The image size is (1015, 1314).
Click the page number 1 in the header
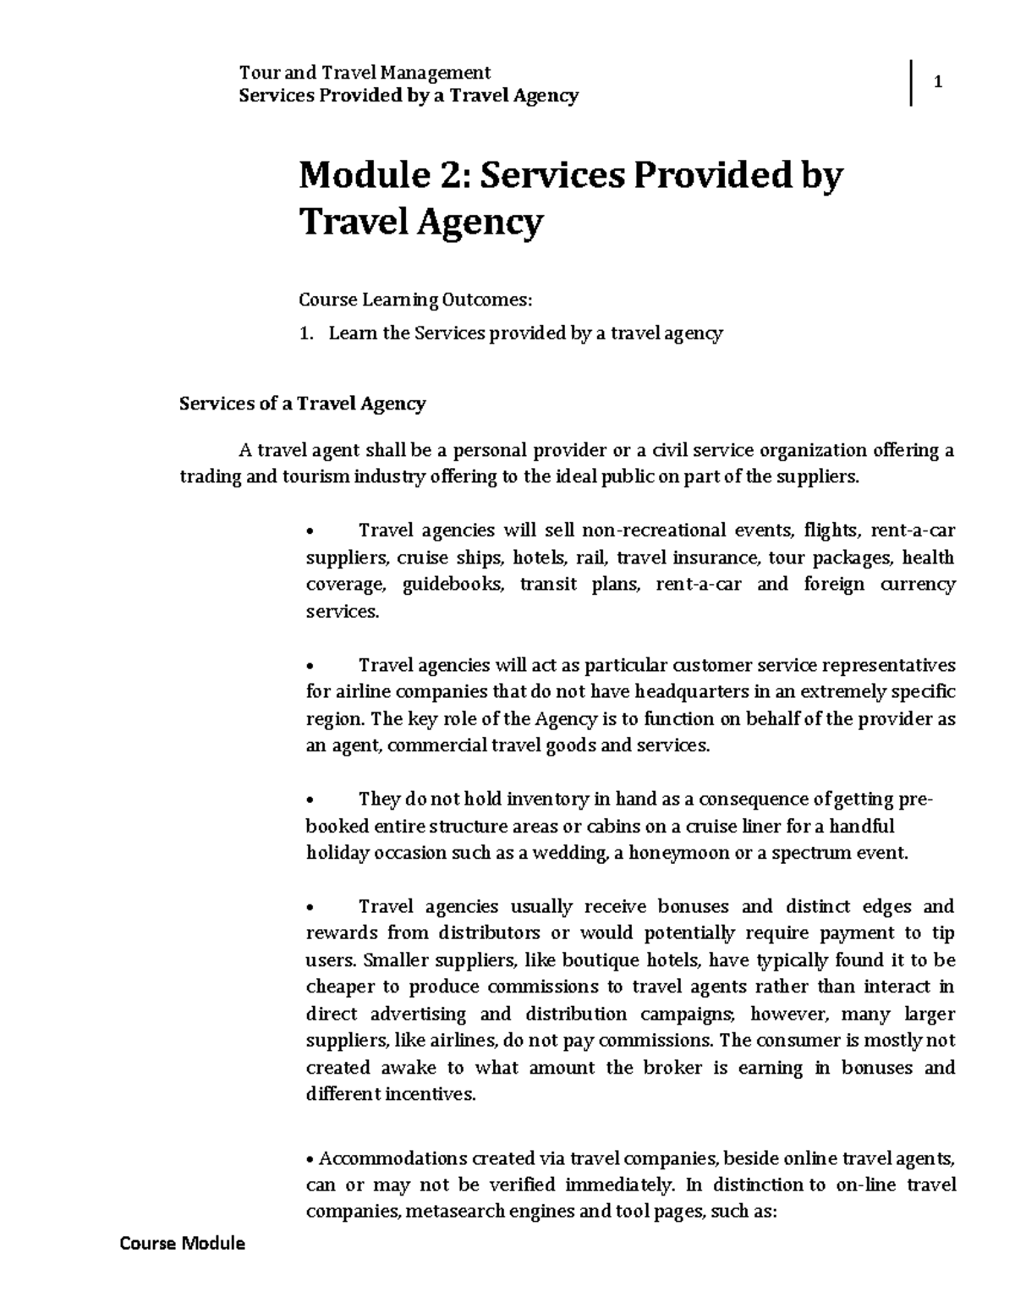click(937, 83)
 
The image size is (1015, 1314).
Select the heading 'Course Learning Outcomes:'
click(417, 300)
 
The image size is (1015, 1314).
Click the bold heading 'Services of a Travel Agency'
click(302, 404)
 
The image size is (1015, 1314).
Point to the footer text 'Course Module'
click(182, 1244)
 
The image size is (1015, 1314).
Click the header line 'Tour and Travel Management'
click(365, 73)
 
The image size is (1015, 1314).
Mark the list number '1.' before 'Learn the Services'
click(307, 334)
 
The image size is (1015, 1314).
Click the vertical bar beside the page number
click(912, 83)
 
